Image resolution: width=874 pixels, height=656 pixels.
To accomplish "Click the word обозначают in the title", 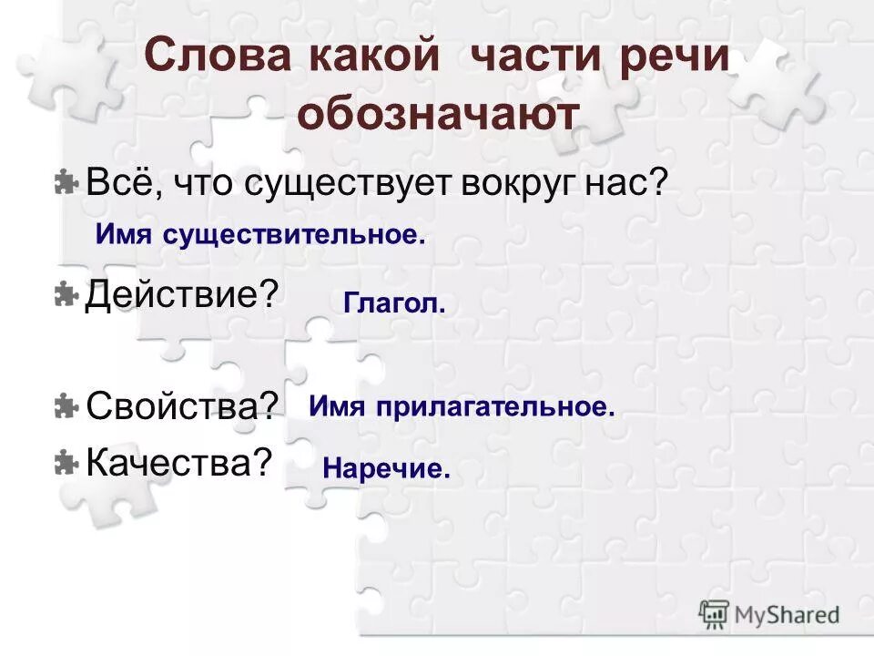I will coord(437,116).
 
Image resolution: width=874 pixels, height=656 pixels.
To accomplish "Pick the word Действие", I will coord(180,294).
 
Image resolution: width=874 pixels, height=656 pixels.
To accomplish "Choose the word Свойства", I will coord(181,406).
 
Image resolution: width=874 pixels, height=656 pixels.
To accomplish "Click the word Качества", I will coord(178,463).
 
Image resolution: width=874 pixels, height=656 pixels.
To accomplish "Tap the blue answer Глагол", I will coord(394,304).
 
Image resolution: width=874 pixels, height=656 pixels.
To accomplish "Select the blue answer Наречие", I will coord(386,470).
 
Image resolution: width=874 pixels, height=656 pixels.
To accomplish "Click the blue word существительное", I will coord(294,236).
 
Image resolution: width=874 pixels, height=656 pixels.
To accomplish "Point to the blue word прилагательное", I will coord(492,407).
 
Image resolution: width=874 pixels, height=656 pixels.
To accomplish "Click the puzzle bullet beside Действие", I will coord(65,294).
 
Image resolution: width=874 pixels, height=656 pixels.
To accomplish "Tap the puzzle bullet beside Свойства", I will coord(65,406).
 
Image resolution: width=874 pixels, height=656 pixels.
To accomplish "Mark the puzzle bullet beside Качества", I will coord(65,463).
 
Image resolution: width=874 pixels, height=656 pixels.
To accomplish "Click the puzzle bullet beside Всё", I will coord(65,182).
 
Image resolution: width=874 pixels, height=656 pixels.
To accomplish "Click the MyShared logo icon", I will coord(715,613).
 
